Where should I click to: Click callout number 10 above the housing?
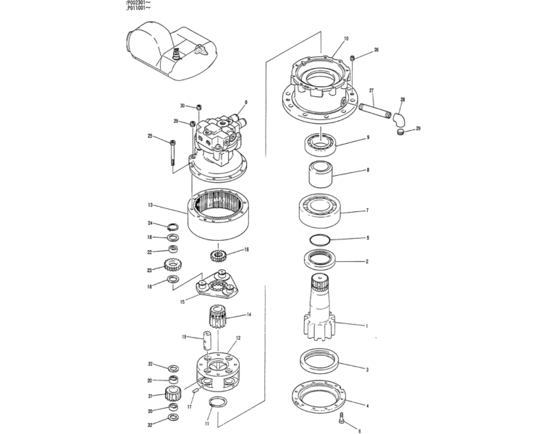pos(346,38)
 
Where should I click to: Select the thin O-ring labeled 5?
pos(321,239)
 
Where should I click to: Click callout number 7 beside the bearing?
pos(367,211)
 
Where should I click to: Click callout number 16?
pos(246,250)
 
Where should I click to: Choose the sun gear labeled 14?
pos(219,316)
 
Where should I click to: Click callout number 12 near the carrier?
pos(237,339)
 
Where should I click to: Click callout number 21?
pos(150,396)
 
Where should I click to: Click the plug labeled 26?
pos(352,57)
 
